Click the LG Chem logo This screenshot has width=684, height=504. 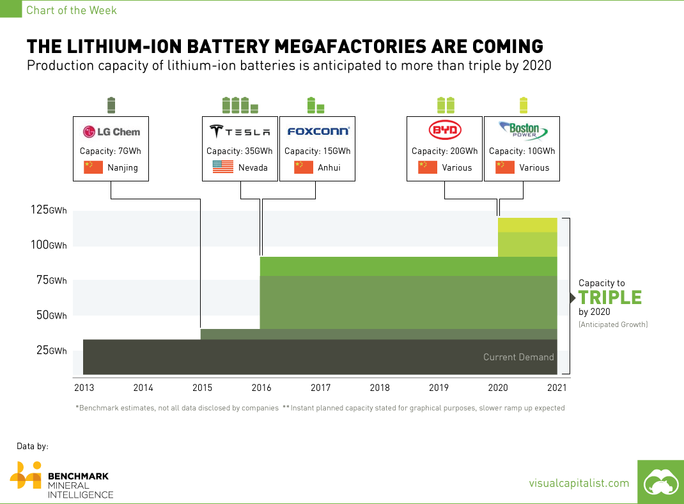[x=111, y=132]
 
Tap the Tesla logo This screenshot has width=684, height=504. [x=240, y=132]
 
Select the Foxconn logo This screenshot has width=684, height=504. [x=318, y=132]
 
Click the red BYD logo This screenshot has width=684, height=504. [x=444, y=131]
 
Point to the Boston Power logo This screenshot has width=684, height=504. [x=522, y=131]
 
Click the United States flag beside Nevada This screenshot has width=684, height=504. [x=222, y=167]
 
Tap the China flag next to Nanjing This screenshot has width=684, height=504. [x=93, y=167]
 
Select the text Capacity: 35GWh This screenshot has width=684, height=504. [x=240, y=151]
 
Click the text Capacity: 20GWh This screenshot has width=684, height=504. [x=444, y=151]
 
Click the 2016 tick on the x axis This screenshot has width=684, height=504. [x=261, y=387]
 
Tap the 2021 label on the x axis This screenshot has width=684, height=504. [x=556, y=387]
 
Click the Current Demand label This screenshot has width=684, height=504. [x=518, y=357]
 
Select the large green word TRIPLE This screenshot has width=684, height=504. [x=609, y=298]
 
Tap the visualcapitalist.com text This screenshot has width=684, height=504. [x=579, y=484]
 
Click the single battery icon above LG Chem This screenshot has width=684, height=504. [x=111, y=104]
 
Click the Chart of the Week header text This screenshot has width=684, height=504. [x=71, y=10]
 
